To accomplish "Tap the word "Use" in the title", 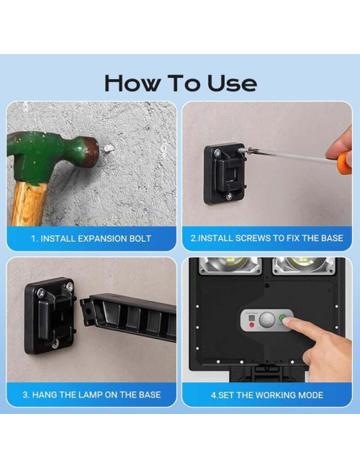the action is pos(232,84).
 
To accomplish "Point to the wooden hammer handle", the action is pos(29,204).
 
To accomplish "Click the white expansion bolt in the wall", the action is pos(108,148).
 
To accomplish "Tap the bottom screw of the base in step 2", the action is pos(229,197).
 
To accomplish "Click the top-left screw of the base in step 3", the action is pos(40,293).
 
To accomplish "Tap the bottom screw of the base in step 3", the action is pos(55,346).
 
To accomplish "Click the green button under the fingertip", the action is pos(282,318).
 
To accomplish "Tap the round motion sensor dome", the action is pos(266,320).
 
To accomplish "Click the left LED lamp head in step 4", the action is pos(230,266).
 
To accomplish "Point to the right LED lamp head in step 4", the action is pos(304,266).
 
